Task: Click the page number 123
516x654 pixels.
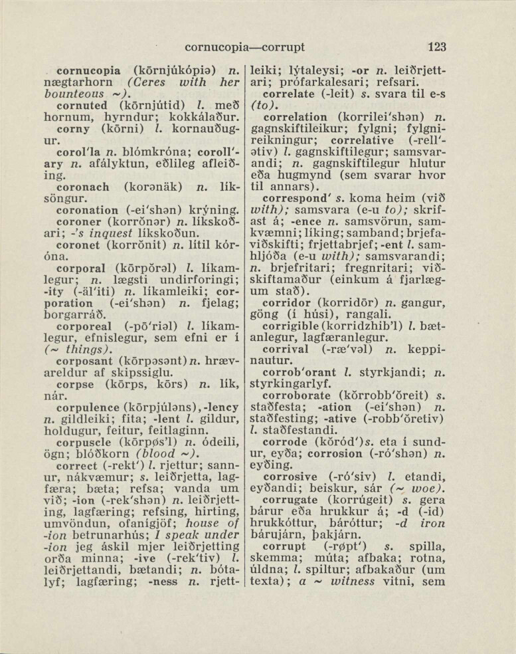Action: pyautogui.click(x=436, y=47)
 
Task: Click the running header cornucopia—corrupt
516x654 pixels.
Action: pyautogui.click(x=245, y=47)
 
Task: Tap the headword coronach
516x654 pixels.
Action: pyautogui.click(x=83, y=187)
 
